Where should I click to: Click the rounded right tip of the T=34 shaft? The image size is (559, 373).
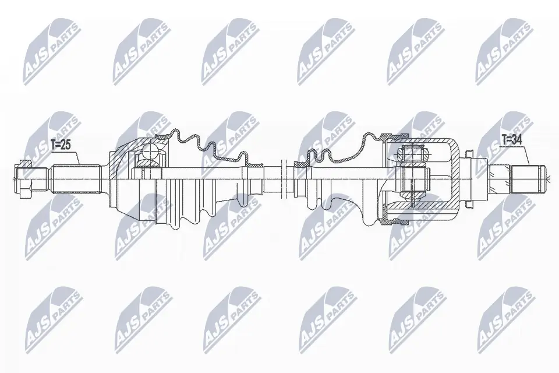(546, 174)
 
